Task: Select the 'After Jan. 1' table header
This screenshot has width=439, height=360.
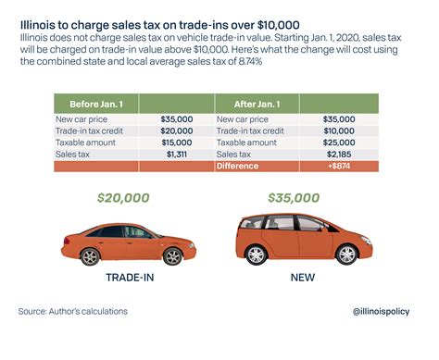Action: (242, 104)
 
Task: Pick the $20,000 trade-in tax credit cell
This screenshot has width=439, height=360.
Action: (174, 132)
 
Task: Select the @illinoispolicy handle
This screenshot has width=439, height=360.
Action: (381, 312)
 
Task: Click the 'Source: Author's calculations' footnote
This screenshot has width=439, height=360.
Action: (74, 312)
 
